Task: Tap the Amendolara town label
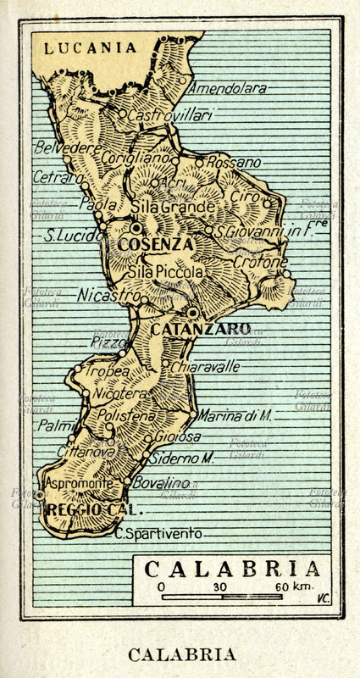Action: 226,88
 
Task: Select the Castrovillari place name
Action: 169,114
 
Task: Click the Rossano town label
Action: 234,162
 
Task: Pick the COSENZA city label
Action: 155,244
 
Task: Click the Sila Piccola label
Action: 165,273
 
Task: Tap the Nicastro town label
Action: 108,296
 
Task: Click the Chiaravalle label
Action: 204,367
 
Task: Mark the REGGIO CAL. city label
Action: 96,511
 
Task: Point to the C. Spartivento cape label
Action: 158,534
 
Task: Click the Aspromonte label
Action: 79,483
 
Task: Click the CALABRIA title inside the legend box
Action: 232,569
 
